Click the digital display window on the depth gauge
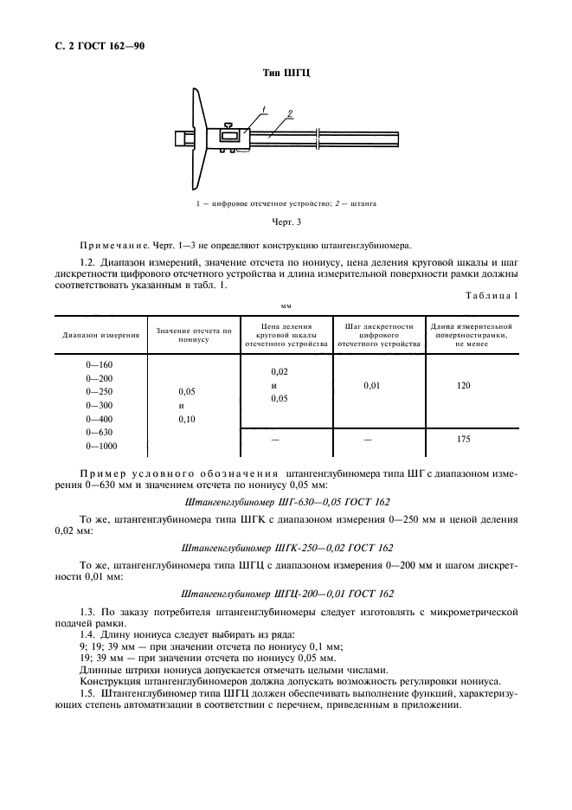point(229,136)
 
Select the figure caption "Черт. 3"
point(286,222)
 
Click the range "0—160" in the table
point(100,364)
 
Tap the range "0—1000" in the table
point(100,446)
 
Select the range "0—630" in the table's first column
point(100,432)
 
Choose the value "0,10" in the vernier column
point(187,419)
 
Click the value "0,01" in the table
point(372,386)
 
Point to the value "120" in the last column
point(463,386)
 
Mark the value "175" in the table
point(463,440)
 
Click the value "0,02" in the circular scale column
point(280,371)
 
